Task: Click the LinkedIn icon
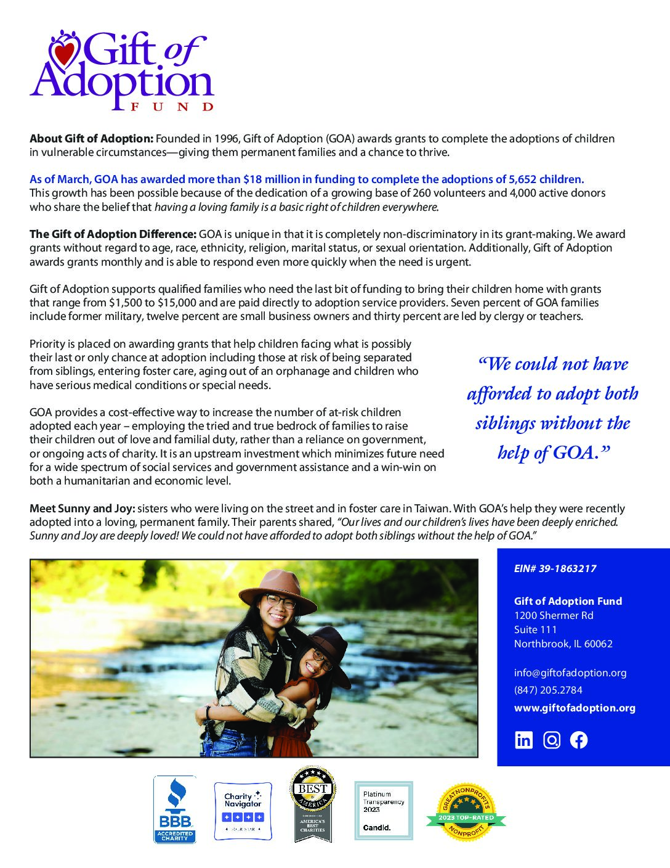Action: pyautogui.click(x=523, y=740)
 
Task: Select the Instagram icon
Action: pyautogui.click(x=552, y=740)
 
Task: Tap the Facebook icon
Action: pyautogui.click(x=579, y=740)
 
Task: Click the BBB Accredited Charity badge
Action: pyautogui.click(x=175, y=809)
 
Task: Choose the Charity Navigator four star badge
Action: pyautogui.click(x=243, y=810)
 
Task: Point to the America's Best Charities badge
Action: pyautogui.click(x=312, y=805)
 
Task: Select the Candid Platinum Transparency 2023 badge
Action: pyautogui.click(x=384, y=811)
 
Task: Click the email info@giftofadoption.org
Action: pyautogui.click(x=570, y=673)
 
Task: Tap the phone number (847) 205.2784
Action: pyautogui.click(x=548, y=690)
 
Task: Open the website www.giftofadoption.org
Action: pyautogui.click(x=575, y=708)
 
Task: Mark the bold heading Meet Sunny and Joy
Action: pyautogui.click(x=82, y=509)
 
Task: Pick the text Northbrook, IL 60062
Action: pyautogui.click(x=563, y=644)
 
